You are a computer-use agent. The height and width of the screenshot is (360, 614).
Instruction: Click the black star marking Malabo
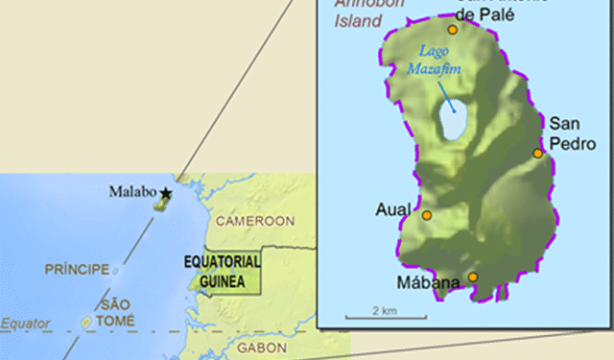[167, 193]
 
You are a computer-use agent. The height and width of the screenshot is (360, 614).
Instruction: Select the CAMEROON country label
[253, 222]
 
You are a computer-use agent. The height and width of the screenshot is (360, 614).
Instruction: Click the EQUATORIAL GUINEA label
[222, 270]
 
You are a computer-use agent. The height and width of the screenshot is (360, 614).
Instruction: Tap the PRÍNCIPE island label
[77, 270]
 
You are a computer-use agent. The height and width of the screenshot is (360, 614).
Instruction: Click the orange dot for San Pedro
[538, 153]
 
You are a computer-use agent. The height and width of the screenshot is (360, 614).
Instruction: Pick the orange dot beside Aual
[427, 215]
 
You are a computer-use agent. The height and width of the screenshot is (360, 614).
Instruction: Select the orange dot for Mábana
[472, 277]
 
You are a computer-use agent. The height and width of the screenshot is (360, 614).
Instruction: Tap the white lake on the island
[453, 123]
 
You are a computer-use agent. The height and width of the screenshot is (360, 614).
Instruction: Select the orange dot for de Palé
[453, 29]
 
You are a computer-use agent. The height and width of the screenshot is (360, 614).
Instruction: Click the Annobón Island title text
[357, 15]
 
